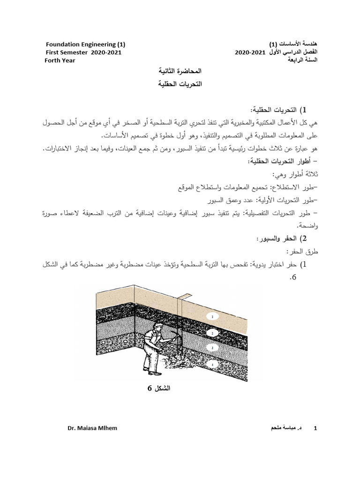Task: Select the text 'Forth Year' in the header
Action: pos(60,60)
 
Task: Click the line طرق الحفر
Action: pos(303,252)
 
